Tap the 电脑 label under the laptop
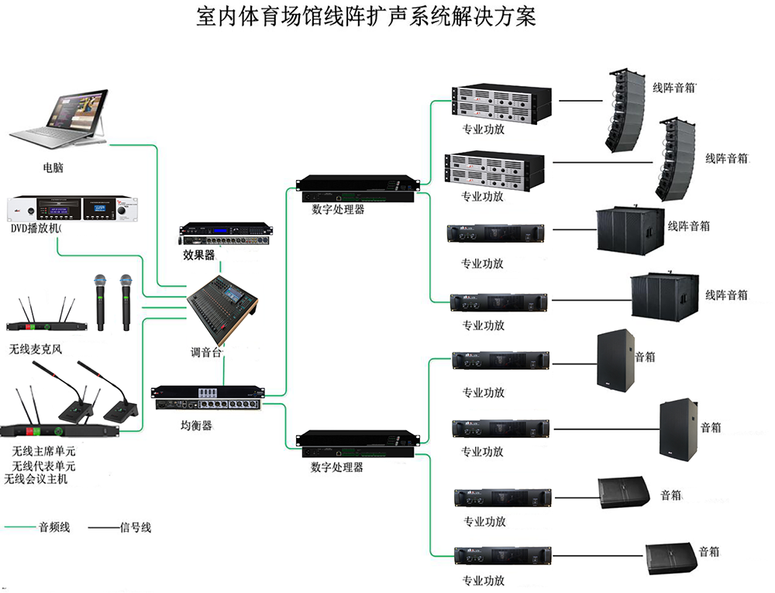pos(53,167)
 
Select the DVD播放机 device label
pos(36,229)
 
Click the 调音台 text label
pos(206,352)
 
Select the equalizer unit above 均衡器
pos(208,398)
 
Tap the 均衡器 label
pos(196,426)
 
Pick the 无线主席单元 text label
pos(43,450)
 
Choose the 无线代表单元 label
pos(43,466)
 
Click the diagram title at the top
pos(366,17)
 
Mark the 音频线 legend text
pos(54,527)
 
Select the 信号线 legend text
pos(136,527)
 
